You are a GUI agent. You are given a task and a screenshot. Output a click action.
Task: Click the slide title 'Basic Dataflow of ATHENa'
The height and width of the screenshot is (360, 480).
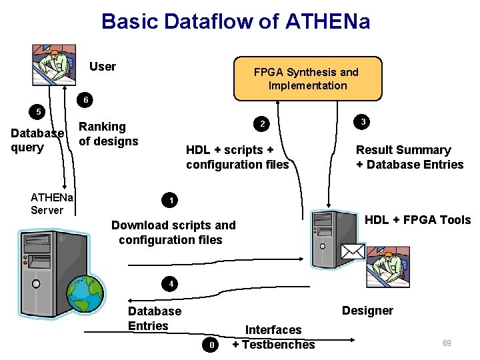(235, 21)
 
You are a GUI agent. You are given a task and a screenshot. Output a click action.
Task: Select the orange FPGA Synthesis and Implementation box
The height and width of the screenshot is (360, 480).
(307, 79)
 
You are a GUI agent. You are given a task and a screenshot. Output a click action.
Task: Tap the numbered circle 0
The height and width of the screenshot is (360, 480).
(211, 345)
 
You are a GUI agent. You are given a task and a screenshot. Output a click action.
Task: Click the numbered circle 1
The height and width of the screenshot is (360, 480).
(171, 201)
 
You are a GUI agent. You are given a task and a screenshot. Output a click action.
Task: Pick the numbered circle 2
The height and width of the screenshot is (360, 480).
(263, 125)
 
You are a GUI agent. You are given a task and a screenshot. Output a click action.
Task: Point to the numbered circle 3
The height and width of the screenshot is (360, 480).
(362, 122)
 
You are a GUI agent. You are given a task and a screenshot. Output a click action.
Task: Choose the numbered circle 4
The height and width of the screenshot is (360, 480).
(171, 284)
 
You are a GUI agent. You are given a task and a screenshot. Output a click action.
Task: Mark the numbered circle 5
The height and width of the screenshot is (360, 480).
(39, 111)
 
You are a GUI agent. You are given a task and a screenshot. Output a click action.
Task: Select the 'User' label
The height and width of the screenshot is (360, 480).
(103, 67)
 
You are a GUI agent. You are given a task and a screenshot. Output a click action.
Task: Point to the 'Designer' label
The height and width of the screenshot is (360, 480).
(367, 311)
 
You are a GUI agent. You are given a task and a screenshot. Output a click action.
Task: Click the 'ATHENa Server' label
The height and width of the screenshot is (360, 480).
(52, 203)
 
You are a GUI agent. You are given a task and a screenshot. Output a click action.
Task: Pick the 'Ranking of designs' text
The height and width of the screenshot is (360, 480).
(109, 134)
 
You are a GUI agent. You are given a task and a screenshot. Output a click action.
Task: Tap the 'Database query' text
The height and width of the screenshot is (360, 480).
(37, 141)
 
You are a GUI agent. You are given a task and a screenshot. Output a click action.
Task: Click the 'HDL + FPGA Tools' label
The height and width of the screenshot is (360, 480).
(417, 220)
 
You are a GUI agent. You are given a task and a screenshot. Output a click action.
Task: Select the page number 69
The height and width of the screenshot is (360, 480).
(447, 343)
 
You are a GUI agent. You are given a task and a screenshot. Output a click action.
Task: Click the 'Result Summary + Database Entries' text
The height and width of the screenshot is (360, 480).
(409, 157)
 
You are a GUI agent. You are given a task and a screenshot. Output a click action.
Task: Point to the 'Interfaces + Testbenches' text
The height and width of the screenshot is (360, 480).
(273, 337)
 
